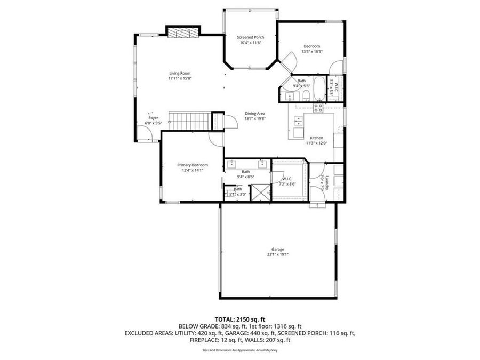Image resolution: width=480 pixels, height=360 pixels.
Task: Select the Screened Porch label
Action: tap(251, 37)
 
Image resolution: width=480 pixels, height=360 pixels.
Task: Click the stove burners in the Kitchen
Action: tap(318, 108)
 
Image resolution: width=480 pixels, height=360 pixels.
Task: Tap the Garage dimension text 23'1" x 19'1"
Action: tap(277, 254)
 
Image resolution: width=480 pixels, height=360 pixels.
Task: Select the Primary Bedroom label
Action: tap(193, 165)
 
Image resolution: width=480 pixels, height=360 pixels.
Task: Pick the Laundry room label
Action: tap(331, 183)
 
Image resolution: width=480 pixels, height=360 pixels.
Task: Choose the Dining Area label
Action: tap(255, 114)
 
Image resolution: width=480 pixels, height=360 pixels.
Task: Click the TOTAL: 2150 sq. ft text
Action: tap(239, 318)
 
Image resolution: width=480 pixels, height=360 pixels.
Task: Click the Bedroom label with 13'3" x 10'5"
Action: tap(312, 49)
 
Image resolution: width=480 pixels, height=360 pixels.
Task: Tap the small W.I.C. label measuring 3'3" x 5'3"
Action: tap(333, 87)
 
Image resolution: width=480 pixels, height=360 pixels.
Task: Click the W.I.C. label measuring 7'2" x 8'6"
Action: tap(287, 181)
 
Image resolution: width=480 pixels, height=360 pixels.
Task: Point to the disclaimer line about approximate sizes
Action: tap(239, 350)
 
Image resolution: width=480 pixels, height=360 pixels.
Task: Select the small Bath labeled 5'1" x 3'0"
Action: tap(237, 192)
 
